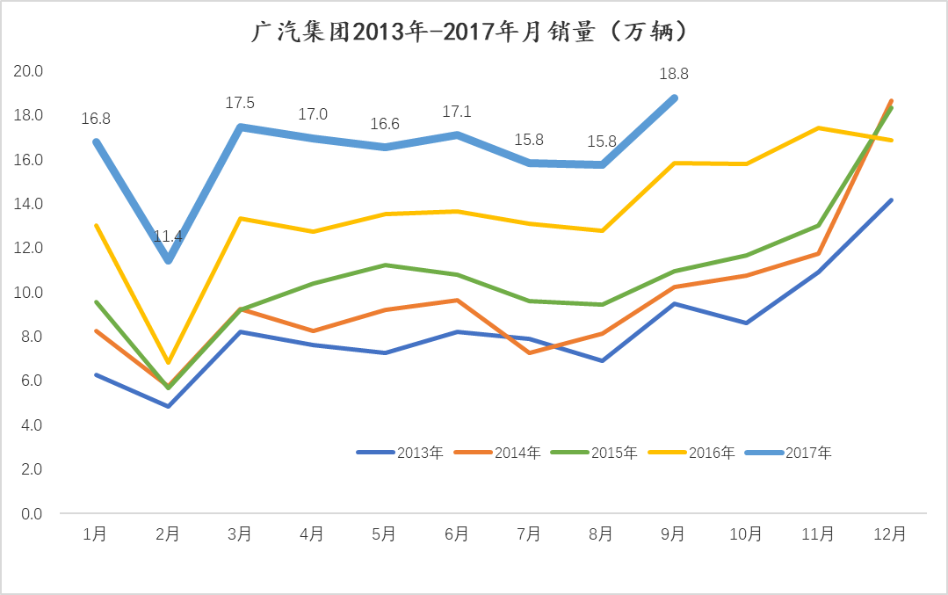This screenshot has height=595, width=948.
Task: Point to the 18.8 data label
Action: (674, 75)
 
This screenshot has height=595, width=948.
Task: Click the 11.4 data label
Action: (168, 236)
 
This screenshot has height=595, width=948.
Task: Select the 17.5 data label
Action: (240, 104)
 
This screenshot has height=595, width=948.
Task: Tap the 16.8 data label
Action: (96, 119)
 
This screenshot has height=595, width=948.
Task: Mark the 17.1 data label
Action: (456, 112)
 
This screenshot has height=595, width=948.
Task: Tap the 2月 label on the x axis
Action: (168, 534)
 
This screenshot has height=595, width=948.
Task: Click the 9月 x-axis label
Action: (673, 534)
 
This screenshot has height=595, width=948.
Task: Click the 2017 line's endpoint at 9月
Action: (674, 98)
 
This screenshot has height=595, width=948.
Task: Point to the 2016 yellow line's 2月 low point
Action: (168, 362)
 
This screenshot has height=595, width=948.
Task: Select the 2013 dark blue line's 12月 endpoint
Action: (891, 200)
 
